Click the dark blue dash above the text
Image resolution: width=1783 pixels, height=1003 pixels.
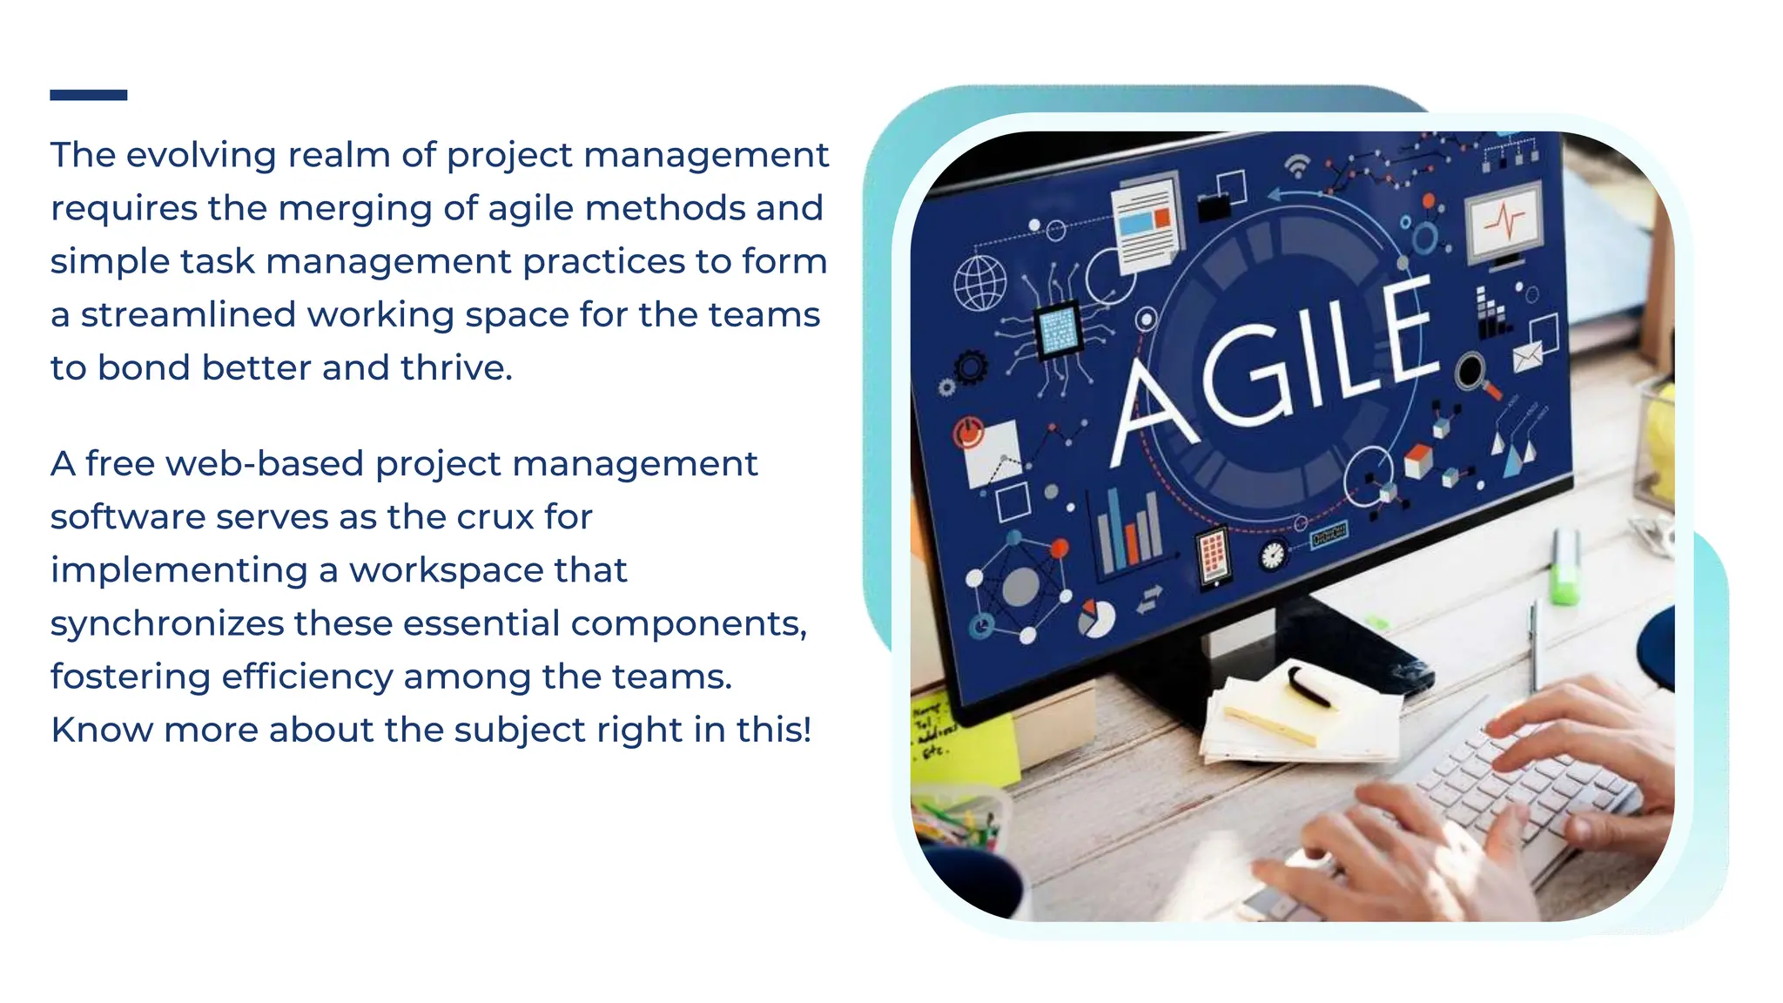pos(88,95)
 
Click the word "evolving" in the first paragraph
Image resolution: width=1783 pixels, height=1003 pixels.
pos(202,155)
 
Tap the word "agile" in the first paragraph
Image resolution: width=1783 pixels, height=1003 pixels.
pos(530,208)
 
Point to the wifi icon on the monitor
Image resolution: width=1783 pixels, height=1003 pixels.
pos(1297,165)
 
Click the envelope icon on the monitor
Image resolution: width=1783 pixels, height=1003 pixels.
pos(1527,356)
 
